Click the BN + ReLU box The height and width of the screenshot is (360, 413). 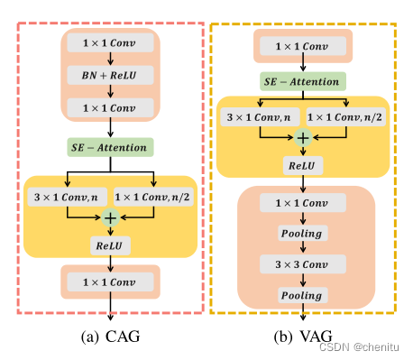[109, 76]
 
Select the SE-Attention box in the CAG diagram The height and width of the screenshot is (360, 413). [109, 146]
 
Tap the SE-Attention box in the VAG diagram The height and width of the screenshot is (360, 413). [301, 81]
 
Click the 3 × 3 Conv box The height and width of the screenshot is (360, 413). [303, 265]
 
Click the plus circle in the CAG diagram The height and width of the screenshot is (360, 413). [110, 217]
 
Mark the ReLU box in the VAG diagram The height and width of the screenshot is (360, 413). [303, 167]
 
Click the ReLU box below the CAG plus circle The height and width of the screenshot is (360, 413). [109, 245]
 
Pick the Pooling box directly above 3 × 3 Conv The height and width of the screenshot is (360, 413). [303, 235]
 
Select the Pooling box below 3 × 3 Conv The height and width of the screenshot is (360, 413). [303, 295]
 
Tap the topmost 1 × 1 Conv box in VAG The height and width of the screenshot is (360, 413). [301, 44]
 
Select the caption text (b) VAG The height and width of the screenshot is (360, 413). [301, 337]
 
